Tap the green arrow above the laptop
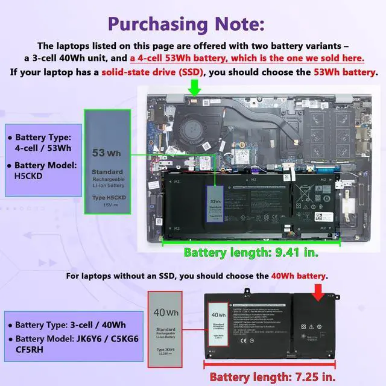pos(194,89)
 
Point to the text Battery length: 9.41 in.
pos(242,252)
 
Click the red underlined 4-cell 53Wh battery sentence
pos(247,59)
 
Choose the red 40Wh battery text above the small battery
pos(299,276)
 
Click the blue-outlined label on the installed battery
pos(215,209)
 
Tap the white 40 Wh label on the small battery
pos(218,329)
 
